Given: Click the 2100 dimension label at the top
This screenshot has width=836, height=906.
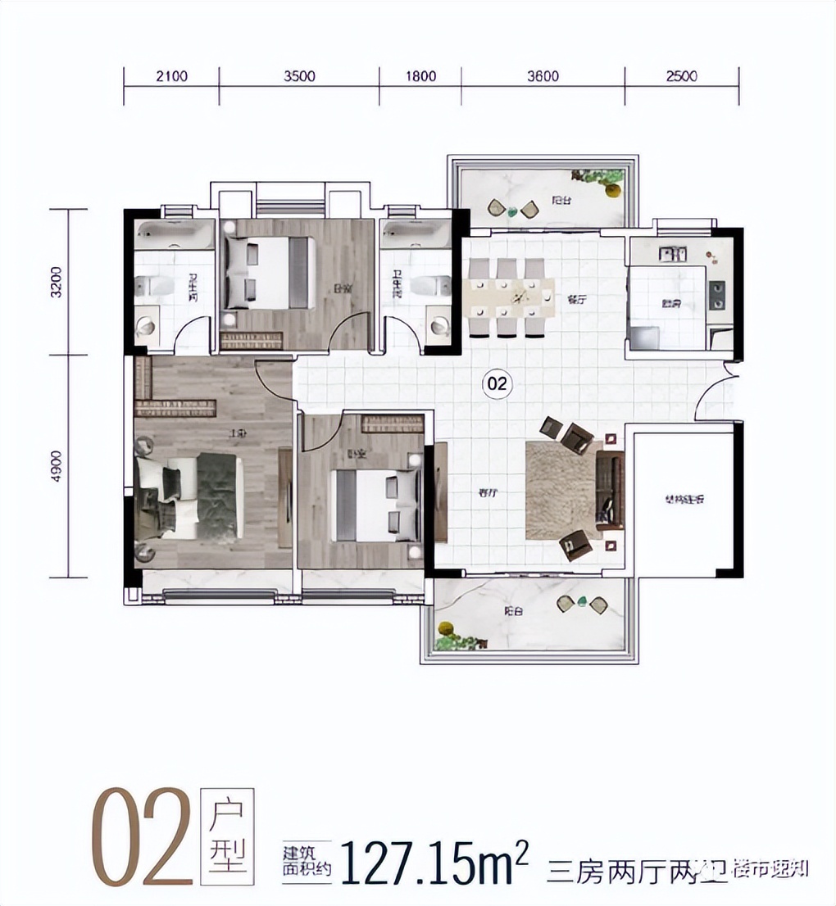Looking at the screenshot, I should (x=171, y=77).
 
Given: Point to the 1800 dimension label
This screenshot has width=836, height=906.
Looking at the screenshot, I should (x=420, y=77).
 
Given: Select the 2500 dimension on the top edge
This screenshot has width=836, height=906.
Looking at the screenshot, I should (x=682, y=77).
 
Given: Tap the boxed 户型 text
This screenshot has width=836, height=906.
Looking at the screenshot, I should (x=227, y=836).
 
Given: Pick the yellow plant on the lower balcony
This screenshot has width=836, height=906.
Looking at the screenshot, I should (x=447, y=630).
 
